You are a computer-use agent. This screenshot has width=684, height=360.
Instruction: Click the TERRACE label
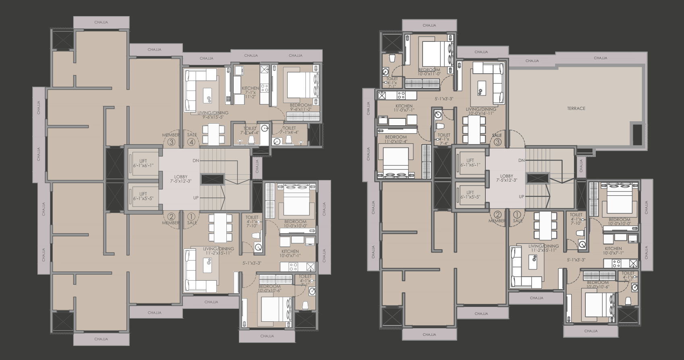(576, 108)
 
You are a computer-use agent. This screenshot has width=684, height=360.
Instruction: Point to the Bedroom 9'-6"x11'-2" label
(301, 107)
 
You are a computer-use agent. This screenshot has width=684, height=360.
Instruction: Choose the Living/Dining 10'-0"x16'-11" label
(481, 111)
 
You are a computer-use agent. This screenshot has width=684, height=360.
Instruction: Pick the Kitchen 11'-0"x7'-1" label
(404, 108)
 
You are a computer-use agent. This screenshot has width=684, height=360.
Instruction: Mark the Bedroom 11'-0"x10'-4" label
(396, 139)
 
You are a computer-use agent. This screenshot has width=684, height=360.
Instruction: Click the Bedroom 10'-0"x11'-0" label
(429, 71)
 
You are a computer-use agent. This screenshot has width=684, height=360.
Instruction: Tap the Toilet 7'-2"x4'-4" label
(250, 130)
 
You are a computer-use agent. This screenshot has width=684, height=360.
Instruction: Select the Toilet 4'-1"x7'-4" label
(444, 139)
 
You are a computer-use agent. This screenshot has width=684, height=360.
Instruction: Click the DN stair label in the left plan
(196, 160)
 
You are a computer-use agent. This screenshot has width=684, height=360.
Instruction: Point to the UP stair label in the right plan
(522, 197)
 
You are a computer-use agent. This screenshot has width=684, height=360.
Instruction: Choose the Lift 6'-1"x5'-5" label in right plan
(470, 194)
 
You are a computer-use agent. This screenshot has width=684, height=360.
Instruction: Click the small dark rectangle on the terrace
(637, 134)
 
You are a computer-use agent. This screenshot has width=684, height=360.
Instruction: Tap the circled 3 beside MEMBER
(172, 142)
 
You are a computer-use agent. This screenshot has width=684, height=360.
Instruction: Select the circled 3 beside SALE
(497, 141)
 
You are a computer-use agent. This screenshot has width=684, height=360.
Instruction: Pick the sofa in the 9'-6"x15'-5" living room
(191, 91)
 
